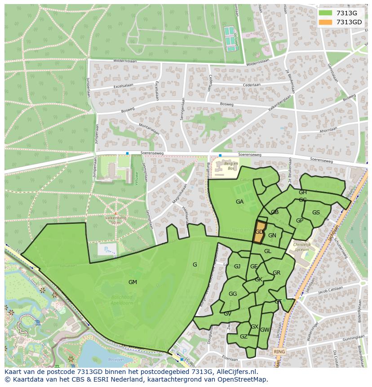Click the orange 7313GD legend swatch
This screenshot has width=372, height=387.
326,22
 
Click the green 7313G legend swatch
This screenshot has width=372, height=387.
326,13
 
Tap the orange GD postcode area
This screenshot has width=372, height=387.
260,232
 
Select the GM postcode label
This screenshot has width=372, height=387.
133,282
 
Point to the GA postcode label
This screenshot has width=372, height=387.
239,202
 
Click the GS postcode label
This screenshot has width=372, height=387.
316,213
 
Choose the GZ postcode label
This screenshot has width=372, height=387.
244,337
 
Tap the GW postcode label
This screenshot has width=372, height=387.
265,330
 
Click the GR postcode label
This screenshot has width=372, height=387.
276,273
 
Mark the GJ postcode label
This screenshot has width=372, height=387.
237,267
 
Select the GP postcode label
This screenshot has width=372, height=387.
300,221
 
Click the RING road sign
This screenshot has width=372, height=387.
279,351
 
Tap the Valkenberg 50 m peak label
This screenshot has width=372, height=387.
115,220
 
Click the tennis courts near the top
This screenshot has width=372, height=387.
230,39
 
